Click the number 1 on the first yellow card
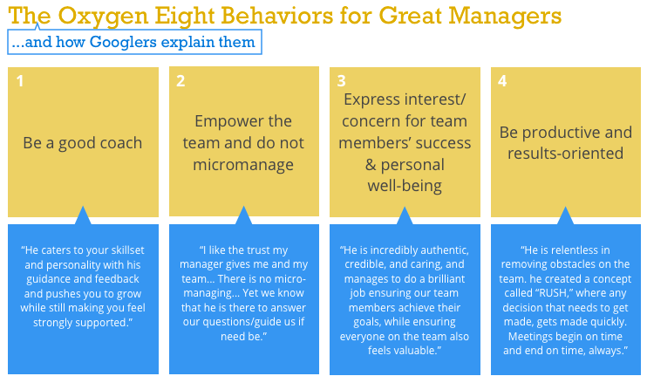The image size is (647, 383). (20, 81)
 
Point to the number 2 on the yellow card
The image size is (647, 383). (180, 81)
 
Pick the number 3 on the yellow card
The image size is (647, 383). (343, 81)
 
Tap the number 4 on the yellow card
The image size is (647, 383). (503, 81)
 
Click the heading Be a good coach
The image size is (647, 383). (83, 143)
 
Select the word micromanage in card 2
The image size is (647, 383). (243, 164)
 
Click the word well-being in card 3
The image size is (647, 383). (405, 186)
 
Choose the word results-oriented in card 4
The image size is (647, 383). (566, 154)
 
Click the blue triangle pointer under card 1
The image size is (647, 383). (83, 215)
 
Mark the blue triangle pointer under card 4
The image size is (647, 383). (566, 215)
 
